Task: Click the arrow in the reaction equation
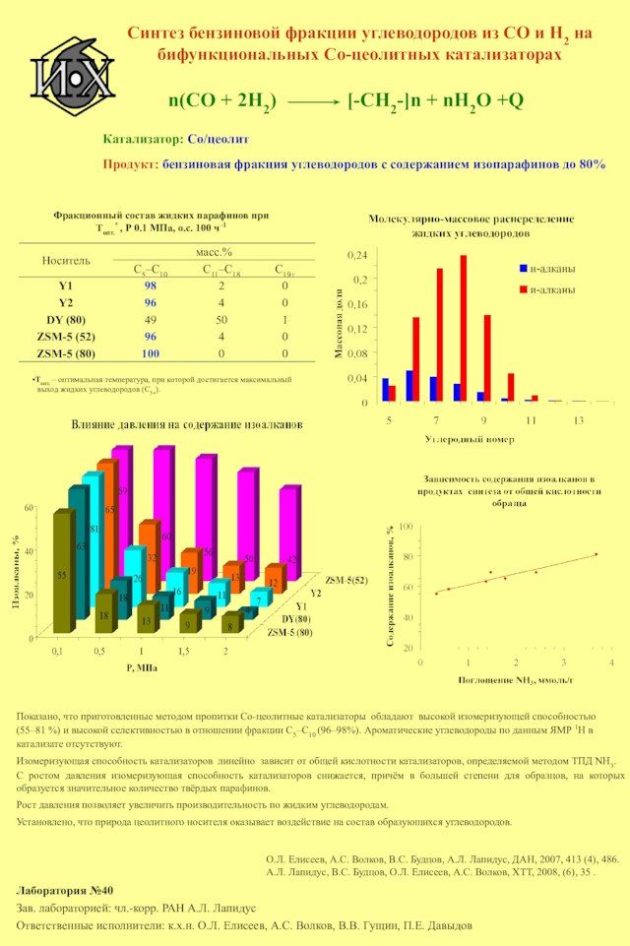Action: (312, 100)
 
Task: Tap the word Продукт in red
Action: (130, 164)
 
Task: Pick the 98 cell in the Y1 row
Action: (151, 286)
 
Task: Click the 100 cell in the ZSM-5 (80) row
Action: (151, 352)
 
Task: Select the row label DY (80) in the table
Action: (66, 320)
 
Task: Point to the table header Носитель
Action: (66, 260)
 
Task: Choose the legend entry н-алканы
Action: (552, 268)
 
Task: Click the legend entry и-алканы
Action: (552, 289)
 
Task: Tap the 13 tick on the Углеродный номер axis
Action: (578, 420)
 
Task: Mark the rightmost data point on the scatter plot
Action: (596, 554)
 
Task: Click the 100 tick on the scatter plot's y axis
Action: (406, 530)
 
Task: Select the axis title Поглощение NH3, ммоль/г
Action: (516, 679)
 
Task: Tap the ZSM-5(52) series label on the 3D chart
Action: (346, 581)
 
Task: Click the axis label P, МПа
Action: (142, 666)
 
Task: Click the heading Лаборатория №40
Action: (65, 890)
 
